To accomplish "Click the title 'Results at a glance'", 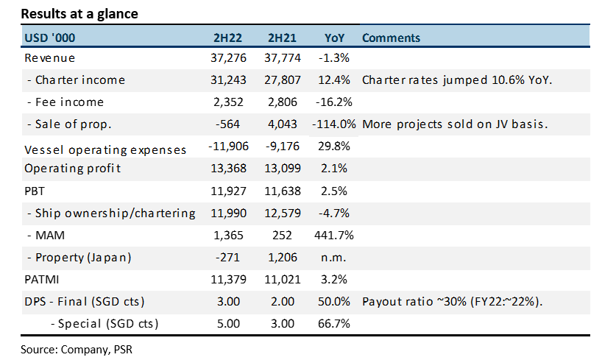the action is pyautogui.click(x=79, y=14).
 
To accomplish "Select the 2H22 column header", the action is pyautogui.click(x=227, y=38).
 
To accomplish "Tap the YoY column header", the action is pyautogui.click(x=334, y=38).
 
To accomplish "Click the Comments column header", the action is pyautogui.click(x=392, y=38).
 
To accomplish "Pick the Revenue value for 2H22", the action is pyautogui.click(x=228, y=58).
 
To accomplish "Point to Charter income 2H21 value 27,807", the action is pyautogui.click(x=282, y=80).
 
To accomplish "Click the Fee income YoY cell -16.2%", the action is pyautogui.click(x=334, y=102).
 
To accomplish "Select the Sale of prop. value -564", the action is pyautogui.click(x=227, y=124).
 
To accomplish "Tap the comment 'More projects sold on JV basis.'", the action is pyautogui.click(x=455, y=124).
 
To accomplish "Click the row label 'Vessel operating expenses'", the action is pyautogui.click(x=105, y=149).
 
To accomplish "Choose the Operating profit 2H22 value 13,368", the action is pyautogui.click(x=228, y=169).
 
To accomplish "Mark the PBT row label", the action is pyautogui.click(x=35, y=191).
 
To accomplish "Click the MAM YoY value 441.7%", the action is pyautogui.click(x=334, y=235).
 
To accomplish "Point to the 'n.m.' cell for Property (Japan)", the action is pyautogui.click(x=333, y=258).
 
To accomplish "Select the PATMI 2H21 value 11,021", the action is pyautogui.click(x=282, y=279).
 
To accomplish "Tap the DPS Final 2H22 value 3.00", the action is pyautogui.click(x=228, y=302).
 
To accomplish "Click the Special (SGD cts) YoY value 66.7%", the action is pyautogui.click(x=334, y=323).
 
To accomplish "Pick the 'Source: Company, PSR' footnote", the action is pyautogui.click(x=77, y=350).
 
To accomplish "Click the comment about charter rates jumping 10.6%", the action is pyautogui.click(x=457, y=80).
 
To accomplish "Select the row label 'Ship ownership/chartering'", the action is pyautogui.click(x=111, y=213).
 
